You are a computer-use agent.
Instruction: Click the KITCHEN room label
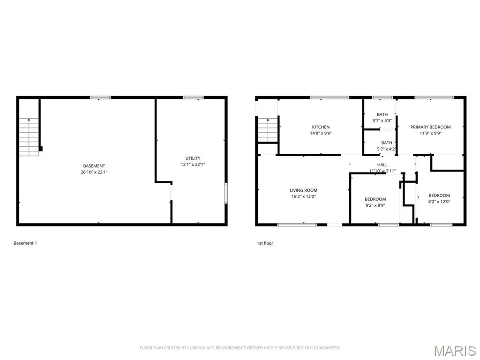321,127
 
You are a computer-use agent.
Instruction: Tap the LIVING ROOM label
303,190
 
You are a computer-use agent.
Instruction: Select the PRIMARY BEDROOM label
430,127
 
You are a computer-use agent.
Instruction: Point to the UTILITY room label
193,158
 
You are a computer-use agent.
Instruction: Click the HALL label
382,165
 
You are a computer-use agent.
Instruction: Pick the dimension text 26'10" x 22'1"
94,172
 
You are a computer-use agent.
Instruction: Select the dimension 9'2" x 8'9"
375,205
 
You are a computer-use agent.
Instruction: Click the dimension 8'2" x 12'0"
439,202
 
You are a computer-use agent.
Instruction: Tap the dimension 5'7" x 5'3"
382,120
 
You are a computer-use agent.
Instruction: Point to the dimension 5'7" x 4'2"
386,149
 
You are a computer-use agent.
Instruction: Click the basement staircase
29,137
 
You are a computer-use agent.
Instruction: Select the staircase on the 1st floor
268,130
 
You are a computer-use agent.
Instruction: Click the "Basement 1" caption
25,243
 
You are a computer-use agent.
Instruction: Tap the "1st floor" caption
265,243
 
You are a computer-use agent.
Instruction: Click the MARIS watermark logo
455,351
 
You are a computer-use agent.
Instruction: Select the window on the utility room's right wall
226,193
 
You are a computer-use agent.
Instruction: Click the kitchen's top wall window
330,97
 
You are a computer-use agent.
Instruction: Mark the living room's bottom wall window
297,225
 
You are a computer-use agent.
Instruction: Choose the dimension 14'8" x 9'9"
321,133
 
